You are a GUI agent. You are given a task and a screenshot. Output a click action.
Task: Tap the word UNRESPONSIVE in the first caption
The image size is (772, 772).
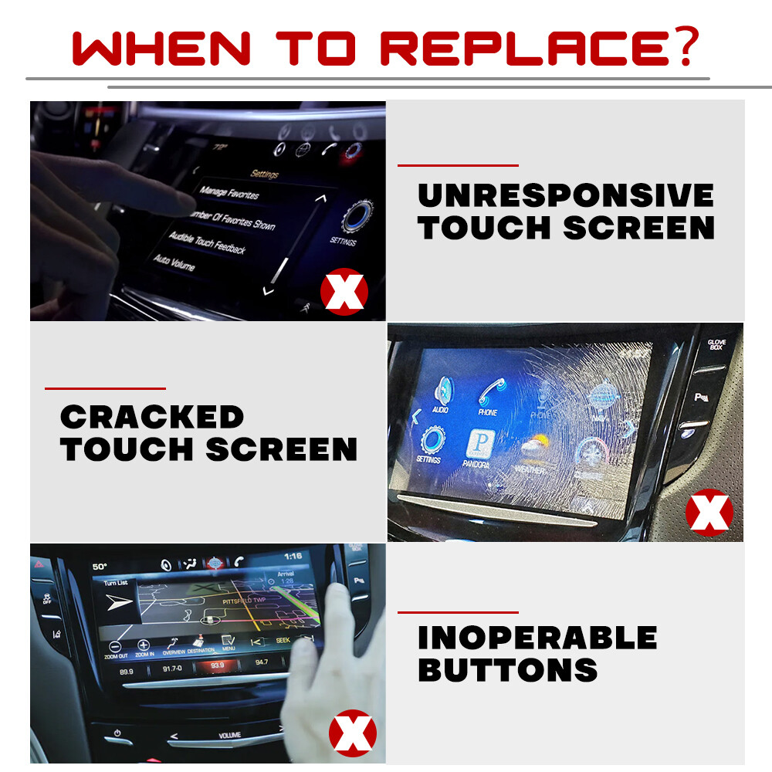click(x=565, y=196)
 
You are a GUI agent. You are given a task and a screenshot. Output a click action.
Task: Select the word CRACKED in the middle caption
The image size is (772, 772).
click(x=151, y=418)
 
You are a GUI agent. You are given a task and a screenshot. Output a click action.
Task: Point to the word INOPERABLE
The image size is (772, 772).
click(x=537, y=638)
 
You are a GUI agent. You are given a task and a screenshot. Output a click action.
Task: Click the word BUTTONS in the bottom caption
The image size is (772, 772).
click(x=507, y=670)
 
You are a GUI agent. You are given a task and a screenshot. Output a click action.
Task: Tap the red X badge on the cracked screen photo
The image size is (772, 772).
click(x=709, y=512)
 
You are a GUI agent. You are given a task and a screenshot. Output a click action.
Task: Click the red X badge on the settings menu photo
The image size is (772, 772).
click(x=344, y=291)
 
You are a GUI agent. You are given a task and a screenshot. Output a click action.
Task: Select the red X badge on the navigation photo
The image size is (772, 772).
click(x=353, y=733)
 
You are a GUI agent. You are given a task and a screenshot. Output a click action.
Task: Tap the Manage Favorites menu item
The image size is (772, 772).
click(x=229, y=193)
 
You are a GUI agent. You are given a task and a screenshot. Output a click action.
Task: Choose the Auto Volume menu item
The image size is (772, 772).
click(x=174, y=262)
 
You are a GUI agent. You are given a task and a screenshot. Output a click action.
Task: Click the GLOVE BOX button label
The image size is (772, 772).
click(x=716, y=344)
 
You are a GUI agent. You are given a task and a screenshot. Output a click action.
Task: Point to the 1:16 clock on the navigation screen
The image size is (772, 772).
click(x=293, y=556)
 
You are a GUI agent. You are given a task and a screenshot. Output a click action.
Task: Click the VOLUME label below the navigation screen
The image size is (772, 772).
click(x=229, y=735)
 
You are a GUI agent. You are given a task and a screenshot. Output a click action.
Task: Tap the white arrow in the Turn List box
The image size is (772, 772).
click(x=118, y=603)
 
